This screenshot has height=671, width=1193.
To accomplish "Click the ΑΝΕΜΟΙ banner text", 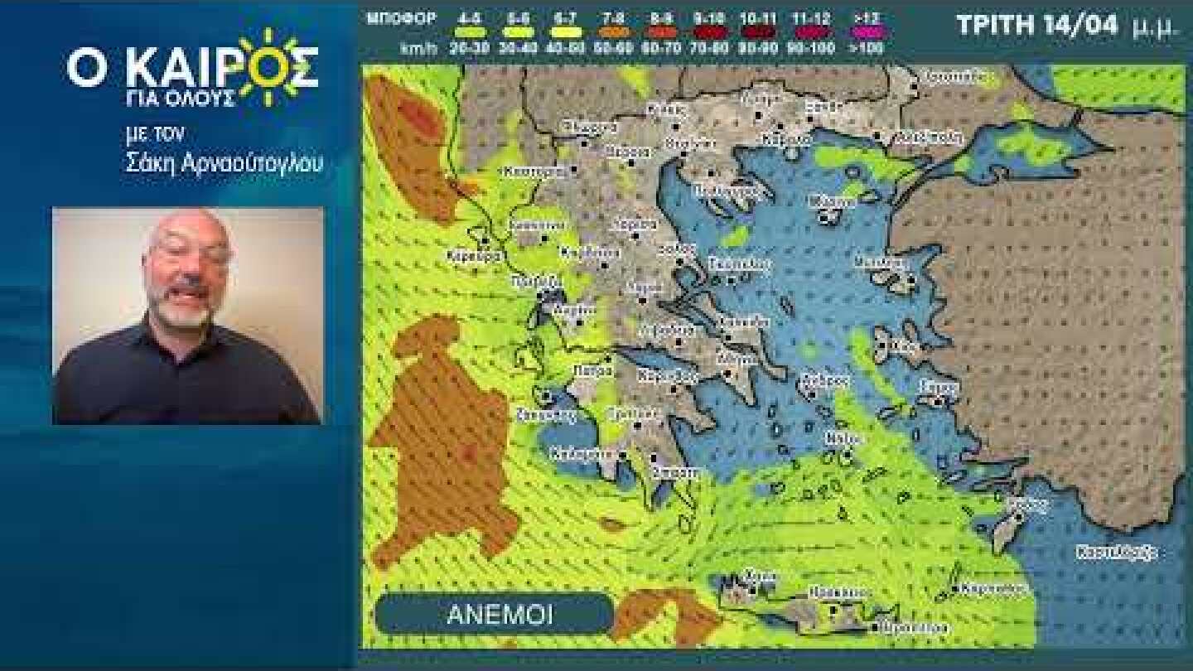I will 500,615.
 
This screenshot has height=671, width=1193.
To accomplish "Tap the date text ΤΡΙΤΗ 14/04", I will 1039,26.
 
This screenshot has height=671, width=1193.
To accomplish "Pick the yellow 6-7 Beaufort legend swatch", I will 565,32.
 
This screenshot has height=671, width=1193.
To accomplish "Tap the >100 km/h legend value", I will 866,48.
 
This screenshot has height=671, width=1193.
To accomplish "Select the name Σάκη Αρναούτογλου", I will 224,163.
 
